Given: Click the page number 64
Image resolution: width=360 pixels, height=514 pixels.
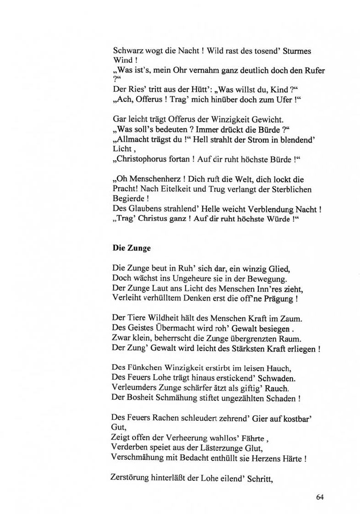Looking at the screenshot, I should [x=320, y=497].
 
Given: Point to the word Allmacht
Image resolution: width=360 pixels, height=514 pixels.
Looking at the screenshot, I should [x=132, y=140].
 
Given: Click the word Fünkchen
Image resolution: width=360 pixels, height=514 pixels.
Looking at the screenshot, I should [x=145, y=368].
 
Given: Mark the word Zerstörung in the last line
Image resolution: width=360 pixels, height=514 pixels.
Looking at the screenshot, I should [x=131, y=477].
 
